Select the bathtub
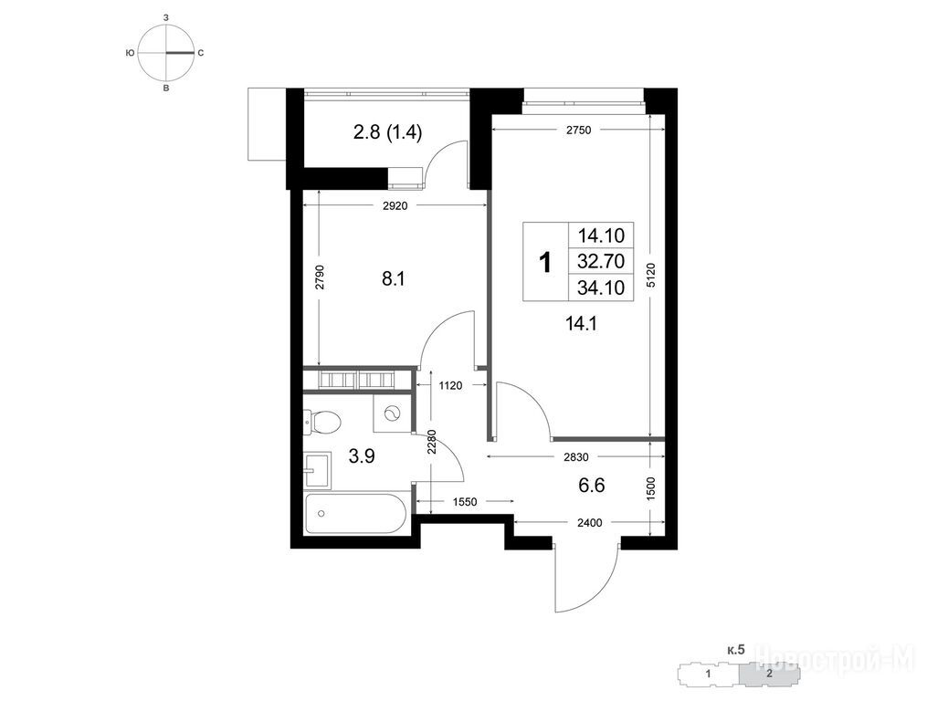tap(355, 513)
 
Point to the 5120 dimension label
tap(650, 275)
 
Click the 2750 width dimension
tap(578, 131)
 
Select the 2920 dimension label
tap(395, 206)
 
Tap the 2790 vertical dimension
tap(320, 277)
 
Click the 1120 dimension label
tap(450, 386)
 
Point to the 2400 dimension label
tap(589, 522)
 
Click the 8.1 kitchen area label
tap(393, 279)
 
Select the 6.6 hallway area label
tap(592, 486)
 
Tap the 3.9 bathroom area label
tap(362, 456)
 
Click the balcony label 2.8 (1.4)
tap(388, 132)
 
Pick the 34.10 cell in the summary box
tap(601, 288)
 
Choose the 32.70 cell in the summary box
tap(601, 261)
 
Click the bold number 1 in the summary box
tap(545, 262)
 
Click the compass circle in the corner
tap(167, 53)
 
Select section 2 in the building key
tap(769, 674)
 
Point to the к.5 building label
tap(736, 651)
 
